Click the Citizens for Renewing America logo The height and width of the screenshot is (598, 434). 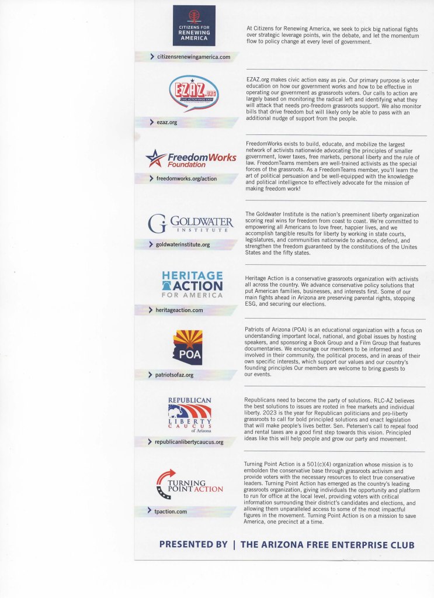point(194,26)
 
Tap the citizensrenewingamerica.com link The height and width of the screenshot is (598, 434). point(194,57)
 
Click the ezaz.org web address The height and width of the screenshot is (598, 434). point(166,123)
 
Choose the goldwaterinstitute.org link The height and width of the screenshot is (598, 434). point(182,244)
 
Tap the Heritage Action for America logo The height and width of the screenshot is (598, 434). point(192,285)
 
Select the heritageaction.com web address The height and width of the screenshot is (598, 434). point(179,310)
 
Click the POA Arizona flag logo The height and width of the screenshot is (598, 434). point(188,347)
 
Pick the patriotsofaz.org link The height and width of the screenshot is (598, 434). point(175,375)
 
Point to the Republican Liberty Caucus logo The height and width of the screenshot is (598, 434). point(189,416)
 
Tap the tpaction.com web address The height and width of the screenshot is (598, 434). point(171,511)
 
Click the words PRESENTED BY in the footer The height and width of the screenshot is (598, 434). point(193,544)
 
